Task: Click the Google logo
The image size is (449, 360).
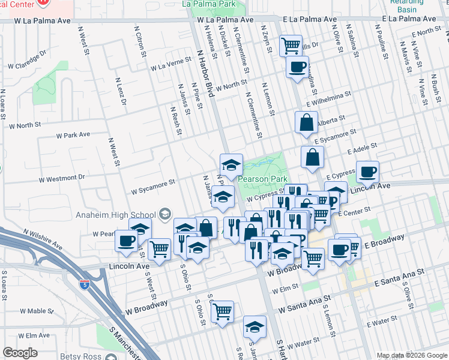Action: (x=20, y=353)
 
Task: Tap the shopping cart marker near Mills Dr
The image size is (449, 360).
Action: (x=291, y=45)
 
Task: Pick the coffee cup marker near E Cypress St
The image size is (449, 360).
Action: (x=367, y=172)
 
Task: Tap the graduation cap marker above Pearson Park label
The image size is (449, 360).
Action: (x=231, y=164)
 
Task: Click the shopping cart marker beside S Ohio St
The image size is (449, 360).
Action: (x=222, y=311)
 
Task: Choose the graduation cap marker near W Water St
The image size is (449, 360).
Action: (x=255, y=327)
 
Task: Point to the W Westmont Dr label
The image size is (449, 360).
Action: (x=62, y=178)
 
